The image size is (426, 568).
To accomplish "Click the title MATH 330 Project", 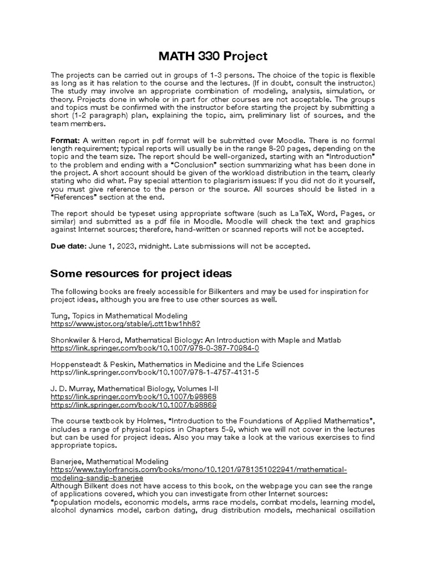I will [213, 56].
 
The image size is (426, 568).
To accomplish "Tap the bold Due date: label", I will [68, 246].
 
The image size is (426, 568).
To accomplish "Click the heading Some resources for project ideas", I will [141, 273].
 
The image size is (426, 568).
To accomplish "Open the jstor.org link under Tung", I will [125, 323].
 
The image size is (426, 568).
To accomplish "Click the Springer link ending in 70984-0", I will [155, 348].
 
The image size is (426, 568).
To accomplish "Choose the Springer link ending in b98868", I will [134, 397].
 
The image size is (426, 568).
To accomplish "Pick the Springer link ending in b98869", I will [134, 405].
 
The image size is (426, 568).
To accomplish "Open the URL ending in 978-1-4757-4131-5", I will [155, 372].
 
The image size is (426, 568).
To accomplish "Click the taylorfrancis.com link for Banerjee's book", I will [199, 470].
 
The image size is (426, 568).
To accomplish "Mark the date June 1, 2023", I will [111, 246].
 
